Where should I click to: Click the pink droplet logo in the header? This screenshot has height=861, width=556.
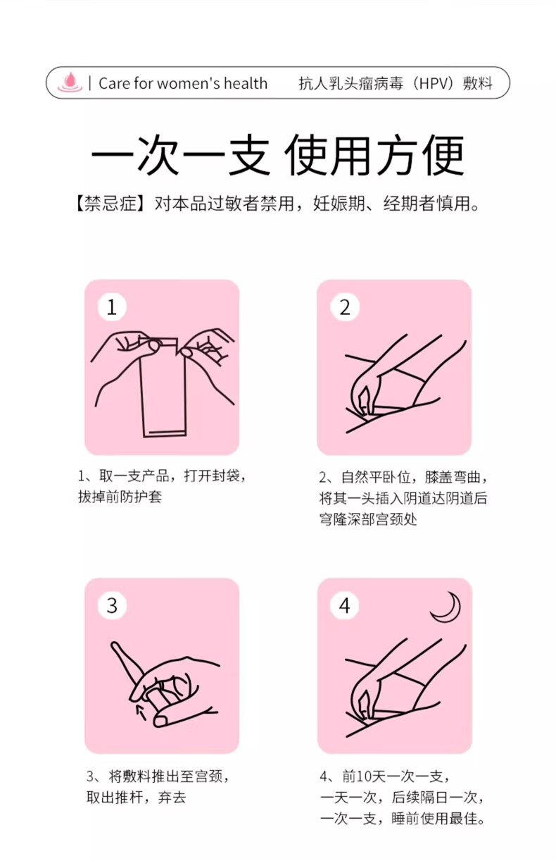[x=70, y=82]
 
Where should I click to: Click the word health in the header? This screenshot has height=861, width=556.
[x=246, y=83]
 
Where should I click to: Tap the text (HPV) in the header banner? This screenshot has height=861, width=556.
[x=432, y=83]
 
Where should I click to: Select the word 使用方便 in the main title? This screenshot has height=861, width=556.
[x=374, y=155]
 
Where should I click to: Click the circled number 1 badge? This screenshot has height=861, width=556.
[x=112, y=306]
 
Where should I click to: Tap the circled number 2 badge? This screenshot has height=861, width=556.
[x=344, y=306]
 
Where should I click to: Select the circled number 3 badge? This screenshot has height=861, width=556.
[x=112, y=605]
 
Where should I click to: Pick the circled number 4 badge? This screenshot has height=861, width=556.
[x=344, y=605]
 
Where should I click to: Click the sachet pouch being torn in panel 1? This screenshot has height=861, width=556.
[x=163, y=388]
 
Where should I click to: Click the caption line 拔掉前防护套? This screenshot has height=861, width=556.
[x=120, y=497]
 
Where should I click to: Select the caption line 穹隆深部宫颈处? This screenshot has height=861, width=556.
[x=368, y=519]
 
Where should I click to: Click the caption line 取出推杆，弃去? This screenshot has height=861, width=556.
[x=136, y=798]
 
